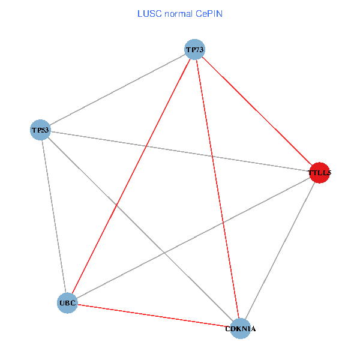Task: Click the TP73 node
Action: point(195,49)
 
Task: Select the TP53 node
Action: point(41,130)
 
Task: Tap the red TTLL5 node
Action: point(319,173)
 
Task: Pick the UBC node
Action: point(67,303)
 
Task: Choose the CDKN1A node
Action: point(240,328)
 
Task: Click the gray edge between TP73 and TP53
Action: point(118,89)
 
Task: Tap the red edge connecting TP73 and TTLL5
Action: point(257,111)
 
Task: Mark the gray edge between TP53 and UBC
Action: point(54,216)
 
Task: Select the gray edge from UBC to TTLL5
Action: point(193,238)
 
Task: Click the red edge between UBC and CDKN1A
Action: point(154,316)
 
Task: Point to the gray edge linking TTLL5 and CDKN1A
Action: point(280,250)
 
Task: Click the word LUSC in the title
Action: point(147,13)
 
